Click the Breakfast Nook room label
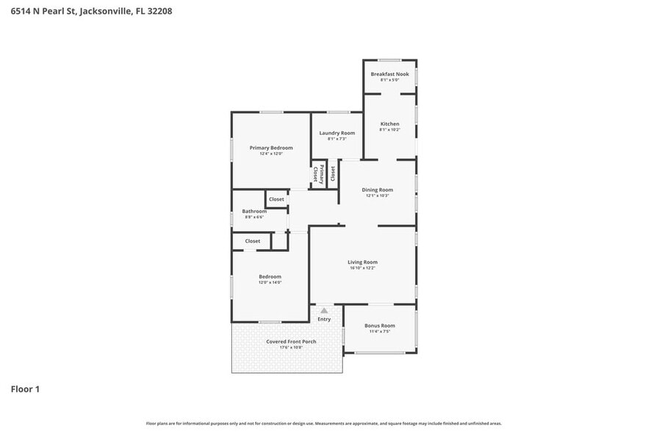tap(389, 74)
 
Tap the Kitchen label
tap(389, 123)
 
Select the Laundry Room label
tap(336, 133)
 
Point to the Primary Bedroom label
tap(270, 148)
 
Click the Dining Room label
tap(378, 190)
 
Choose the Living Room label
tap(362, 262)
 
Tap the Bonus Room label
tap(380, 325)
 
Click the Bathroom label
tap(254, 211)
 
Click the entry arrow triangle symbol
tap(324, 311)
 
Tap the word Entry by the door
tap(324, 320)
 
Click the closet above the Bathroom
tap(276, 199)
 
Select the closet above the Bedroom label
tap(252, 241)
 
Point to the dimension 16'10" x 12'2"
tap(362, 268)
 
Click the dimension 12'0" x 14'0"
tap(270, 283)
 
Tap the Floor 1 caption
tap(25, 389)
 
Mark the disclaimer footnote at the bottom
tap(323, 423)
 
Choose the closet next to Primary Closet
tap(333, 173)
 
